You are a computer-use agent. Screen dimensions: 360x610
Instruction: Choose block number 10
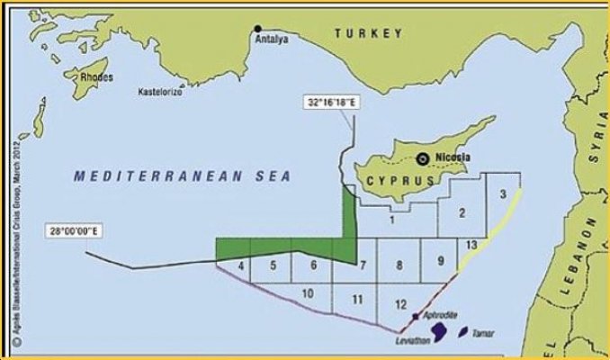coord(307,293)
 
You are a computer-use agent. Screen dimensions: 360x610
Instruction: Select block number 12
coord(401,304)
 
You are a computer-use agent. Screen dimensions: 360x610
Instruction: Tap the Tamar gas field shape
coord(464,333)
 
